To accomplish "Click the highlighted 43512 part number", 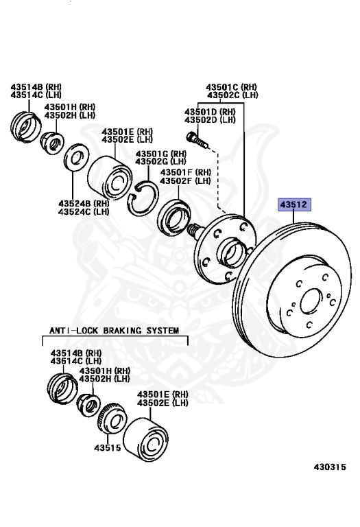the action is (x=294, y=204).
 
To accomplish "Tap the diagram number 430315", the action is (x=330, y=467).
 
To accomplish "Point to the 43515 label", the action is (x=108, y=447).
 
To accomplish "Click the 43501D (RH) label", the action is (x=210, y=112).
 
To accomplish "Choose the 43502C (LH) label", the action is (x=232, y=95).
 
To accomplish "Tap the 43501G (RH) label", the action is (x=161, y=154).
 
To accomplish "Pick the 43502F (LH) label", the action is (x=185, y=180).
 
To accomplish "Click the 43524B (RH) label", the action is (x=84, y=203).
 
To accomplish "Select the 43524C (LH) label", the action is (x=84, y=212).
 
